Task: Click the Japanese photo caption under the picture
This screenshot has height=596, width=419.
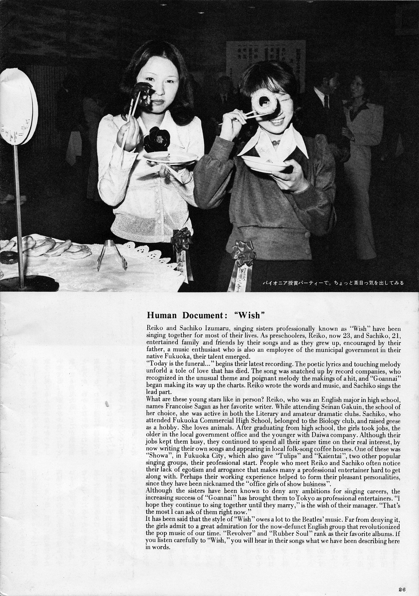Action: [x=333, y=283]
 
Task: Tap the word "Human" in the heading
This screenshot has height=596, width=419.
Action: [x=161, y=315]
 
